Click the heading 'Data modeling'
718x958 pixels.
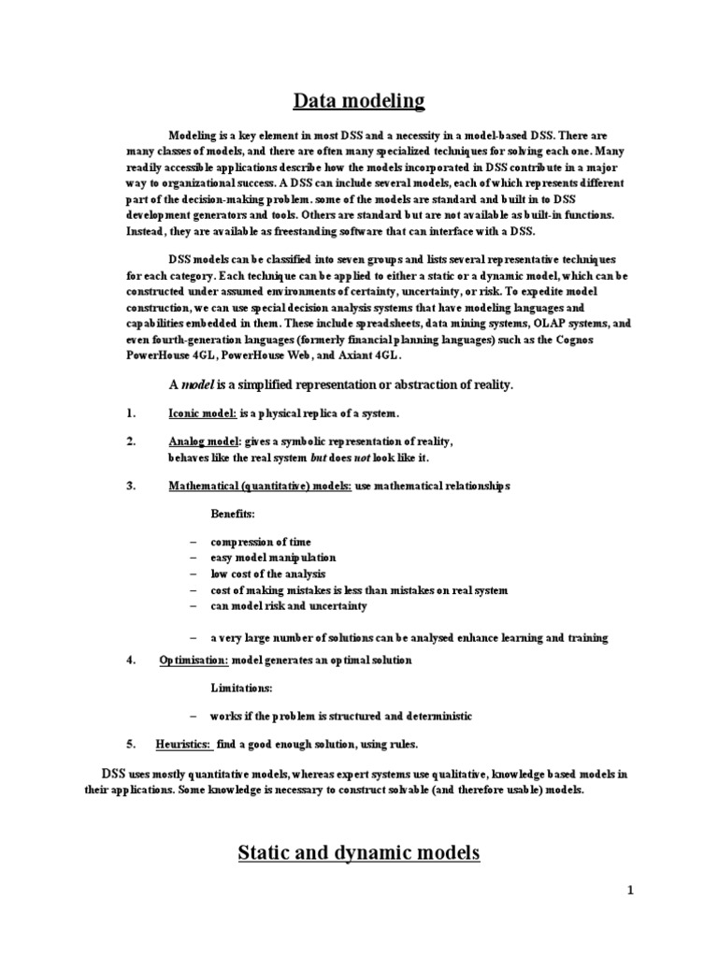(x=359, y=100)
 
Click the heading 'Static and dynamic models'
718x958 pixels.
(x=359, y=852)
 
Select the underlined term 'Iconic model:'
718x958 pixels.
(x=203, y=413)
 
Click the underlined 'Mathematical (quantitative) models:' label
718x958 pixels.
(x=260, y=486)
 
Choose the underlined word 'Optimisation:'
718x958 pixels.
(x=194, y=660)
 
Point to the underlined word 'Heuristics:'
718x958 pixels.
(x=183, y=744)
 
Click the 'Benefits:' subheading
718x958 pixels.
(x=233, y=515)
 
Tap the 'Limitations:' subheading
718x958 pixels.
(x=241, y=688)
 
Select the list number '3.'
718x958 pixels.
(x=132, y=486)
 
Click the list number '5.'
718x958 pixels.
(x=132, y=744)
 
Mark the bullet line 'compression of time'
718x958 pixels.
(x=261, y=543)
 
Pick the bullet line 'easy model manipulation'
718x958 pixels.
(x=273, y=559)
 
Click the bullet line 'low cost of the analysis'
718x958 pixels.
(x=268, y=574)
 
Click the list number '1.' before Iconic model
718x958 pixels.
(x=132, y=413)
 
